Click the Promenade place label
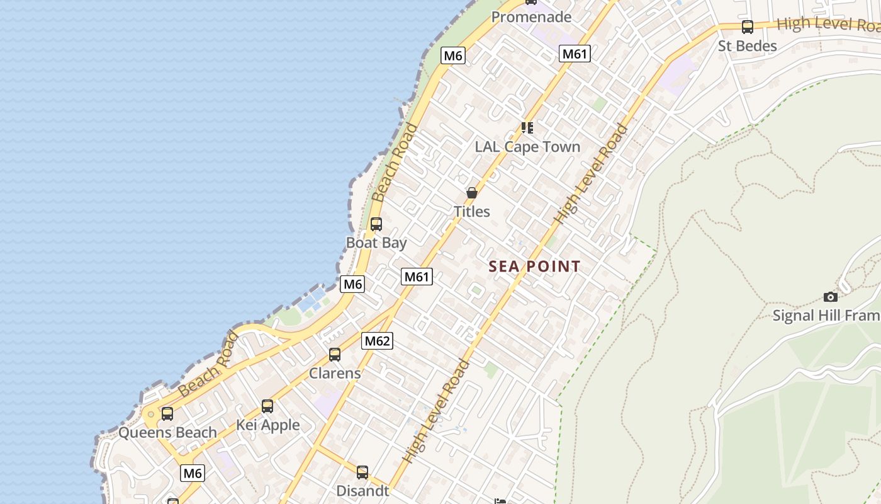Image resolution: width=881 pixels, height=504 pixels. [x=531, y=17]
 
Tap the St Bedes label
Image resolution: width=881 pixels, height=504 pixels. [x=748, y=46]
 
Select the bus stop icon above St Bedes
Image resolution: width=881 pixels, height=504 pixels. [x=748, y=27]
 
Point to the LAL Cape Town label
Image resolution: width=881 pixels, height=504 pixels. [x=527, y=147]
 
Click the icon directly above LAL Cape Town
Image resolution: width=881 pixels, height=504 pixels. [x=527, y=128]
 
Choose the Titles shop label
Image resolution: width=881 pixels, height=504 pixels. [x=472, y=212]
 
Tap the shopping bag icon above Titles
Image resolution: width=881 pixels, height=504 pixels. [x=472, y=193]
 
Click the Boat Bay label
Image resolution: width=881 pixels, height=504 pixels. [x=376, y=243]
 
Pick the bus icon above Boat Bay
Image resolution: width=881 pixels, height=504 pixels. [x=376, y=224]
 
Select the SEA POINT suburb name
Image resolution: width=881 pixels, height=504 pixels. [x=534, y=266]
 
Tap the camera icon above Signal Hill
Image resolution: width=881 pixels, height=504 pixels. [x=831, y=297]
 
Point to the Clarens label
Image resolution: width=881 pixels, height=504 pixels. [x=335, y=373]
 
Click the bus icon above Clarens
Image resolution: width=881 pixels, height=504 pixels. [x=335, y=354]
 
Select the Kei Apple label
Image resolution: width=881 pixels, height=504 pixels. [x=268, y=425]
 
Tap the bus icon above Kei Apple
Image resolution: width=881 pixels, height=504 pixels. [x=267, y=406]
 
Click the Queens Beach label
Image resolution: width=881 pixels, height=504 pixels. [x=167, y=433]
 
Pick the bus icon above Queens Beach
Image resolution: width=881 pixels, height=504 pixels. [x=167, y=414]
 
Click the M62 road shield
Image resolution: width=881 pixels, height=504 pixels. [x=377, y=341]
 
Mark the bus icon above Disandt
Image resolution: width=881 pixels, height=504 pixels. [x=362, y=472]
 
